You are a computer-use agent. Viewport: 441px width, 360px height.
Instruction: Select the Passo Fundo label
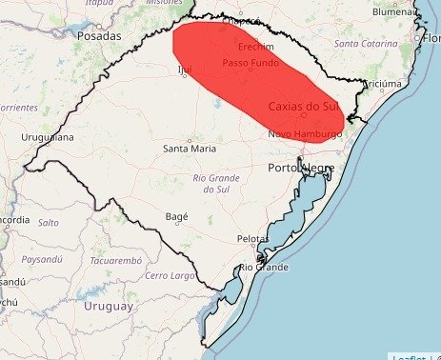(x=251, y=63)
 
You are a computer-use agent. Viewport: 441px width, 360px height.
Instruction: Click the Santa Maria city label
(x=189, y=149)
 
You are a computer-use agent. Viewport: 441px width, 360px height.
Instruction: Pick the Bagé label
(x=177, y=216)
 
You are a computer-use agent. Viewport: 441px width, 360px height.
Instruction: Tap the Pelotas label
(x=251, y=238)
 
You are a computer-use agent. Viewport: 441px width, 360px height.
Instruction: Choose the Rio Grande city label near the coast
(x=264, y=268)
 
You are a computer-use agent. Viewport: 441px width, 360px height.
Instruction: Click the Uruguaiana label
(x=47, y=138)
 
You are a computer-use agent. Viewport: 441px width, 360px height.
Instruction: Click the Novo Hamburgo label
(x=304, y=134)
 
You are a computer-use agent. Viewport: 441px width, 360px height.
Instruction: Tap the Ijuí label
(x=185, y=69)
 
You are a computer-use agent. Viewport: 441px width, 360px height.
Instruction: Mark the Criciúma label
(x=385, y=84)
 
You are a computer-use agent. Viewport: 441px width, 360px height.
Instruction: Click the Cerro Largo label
(x=169, y=275)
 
